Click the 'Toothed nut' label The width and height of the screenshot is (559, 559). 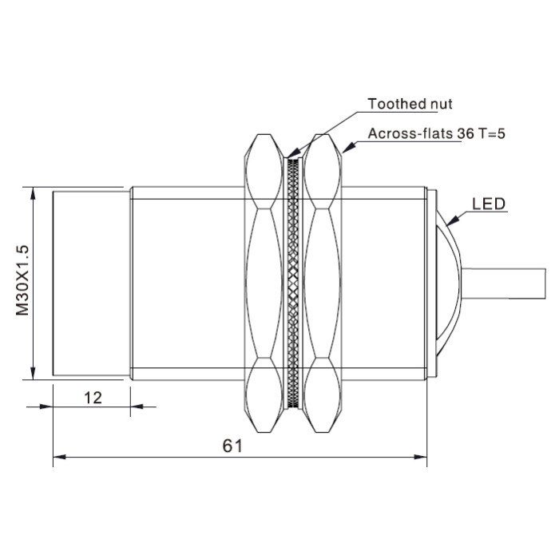(x=410, y=104)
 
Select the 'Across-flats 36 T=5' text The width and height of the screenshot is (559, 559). (x=436, y=133)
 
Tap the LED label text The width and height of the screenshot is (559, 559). (x=489, y=204)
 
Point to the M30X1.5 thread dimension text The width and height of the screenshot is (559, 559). (x=22, y=280)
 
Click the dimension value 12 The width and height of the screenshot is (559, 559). (x=93, y=398)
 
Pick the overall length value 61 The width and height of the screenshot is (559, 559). (x=232, y=446)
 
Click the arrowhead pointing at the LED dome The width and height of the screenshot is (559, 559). (x=452, y=220)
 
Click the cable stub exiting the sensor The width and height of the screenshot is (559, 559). (x=503, y=283)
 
